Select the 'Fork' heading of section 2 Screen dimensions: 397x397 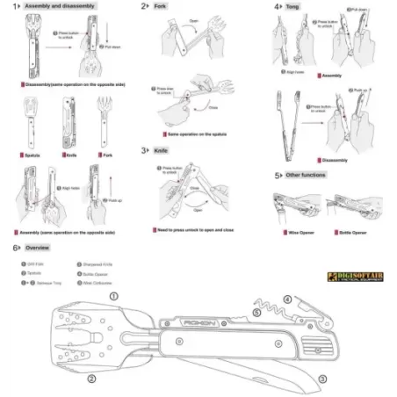[x=159, y=6]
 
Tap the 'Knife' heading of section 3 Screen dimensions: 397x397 [x=160, y=150]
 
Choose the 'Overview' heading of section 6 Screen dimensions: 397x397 [x=35, y=249]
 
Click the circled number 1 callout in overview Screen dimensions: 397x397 [x=113, y=296]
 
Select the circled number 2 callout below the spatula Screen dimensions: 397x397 [x=90, y=379]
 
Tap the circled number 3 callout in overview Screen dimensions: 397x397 [x=321, y=379]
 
